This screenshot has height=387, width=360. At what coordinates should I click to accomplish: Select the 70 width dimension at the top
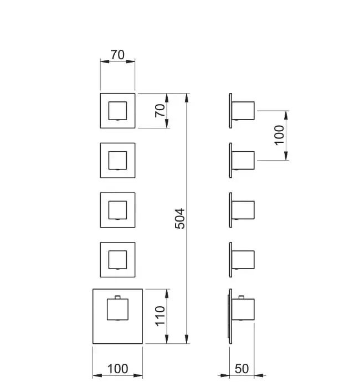click(117, 55)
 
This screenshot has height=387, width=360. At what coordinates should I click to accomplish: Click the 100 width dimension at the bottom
click(117, 369)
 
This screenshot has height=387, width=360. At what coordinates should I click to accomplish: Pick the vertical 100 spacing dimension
click(279, 135)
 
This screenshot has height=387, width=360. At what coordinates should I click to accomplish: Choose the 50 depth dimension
click(241, 369)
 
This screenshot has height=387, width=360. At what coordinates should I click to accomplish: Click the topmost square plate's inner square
click(117, 111)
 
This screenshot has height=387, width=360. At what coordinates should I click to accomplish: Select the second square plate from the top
click(117, 161)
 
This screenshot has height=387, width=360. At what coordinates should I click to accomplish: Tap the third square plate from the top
click(117, 210)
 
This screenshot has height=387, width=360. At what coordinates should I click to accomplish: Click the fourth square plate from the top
click(117, 259)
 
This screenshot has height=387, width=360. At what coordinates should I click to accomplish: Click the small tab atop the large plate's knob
click(117, 299)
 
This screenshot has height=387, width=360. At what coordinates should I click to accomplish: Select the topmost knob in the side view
click(243, 110)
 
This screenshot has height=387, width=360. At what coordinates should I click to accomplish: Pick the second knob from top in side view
click(243, 160)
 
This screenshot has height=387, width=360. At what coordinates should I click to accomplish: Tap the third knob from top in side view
click(243, 210)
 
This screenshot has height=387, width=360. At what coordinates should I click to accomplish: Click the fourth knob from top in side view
click(243, 259)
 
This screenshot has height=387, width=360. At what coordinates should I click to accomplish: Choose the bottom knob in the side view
click(243, 312)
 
